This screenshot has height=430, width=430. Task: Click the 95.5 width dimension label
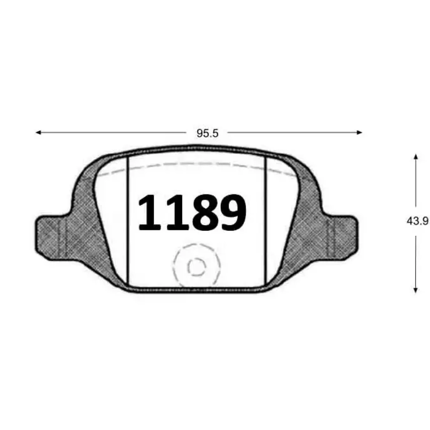click(207, 133)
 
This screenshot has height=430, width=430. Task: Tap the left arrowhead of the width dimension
click(39, 133)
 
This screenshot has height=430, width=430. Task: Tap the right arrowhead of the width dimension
click(359, 133)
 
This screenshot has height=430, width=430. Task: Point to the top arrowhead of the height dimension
click(416, 157)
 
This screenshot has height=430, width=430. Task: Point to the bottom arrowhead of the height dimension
click(415, 290)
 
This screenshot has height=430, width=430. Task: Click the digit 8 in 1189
click(205, 212)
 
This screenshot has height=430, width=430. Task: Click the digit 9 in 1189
click(233, 212)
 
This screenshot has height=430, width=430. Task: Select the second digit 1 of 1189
click(177, 212)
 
